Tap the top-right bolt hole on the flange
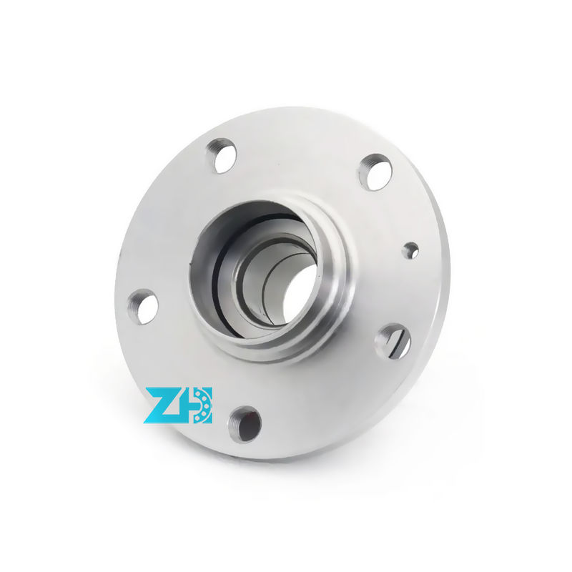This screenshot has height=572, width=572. pos(375,172)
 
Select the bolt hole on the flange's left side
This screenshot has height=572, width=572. pos(144,306)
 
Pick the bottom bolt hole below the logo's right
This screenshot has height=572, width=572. pos(245,423)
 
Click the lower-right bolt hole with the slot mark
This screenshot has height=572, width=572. pos(395,340)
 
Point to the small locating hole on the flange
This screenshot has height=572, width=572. pos(410,250)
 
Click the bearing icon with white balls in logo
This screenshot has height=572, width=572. pos(202,405)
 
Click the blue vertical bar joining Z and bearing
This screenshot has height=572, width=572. pos(188,405)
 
